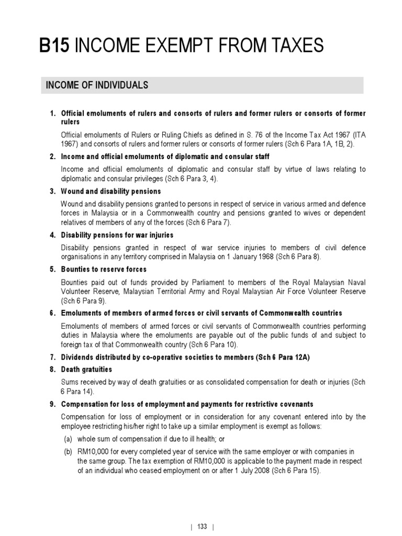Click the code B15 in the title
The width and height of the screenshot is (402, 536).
tap(55, 47)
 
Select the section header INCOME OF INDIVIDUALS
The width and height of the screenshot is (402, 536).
tap(97, 85)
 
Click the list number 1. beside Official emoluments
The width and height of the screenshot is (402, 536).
tap(52, 114)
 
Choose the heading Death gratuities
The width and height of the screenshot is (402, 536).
tap(87, 369)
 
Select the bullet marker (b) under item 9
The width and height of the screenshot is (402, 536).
tap(66, 452)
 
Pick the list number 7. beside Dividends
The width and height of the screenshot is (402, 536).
tap(52, 356)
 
